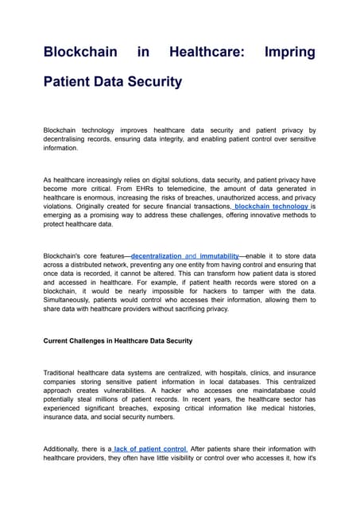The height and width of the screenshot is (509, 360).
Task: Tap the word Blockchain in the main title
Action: pos(75,52)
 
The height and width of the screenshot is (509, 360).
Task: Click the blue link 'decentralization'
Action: pos(157,255)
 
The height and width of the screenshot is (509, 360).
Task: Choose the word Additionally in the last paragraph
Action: pos(65,449)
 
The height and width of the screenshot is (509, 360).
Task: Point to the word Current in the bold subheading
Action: pos(60,340)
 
